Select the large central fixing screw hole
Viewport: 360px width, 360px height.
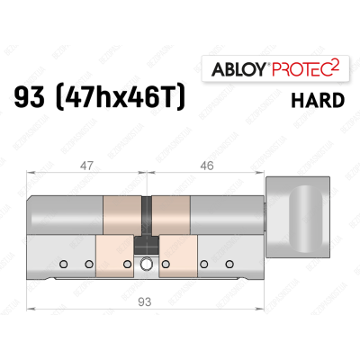tap(146, 265)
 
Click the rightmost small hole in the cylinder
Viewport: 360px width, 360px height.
tap(230, 265)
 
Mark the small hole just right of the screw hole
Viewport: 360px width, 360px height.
tap(168, 265)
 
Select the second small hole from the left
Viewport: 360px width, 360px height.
tap(88, 265)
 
